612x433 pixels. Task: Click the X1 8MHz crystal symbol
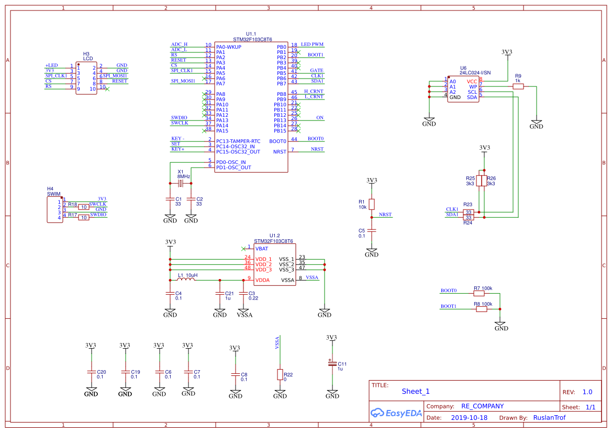coord(181,183)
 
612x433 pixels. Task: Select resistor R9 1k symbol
coord(518,87)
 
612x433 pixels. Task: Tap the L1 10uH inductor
coord(186,280)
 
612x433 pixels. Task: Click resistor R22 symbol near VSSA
coord(280,374)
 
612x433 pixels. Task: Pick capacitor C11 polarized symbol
coord(332,364)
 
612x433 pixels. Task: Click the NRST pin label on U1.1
coord(280,152)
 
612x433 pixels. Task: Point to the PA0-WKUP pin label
coord(229,47)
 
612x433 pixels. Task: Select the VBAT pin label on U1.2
coord(262,249)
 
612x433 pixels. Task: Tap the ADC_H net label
coord(179,45)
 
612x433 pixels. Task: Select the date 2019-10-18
coord(469,418)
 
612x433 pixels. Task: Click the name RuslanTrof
coord(549,418)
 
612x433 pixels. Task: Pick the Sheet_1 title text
coord(416,391)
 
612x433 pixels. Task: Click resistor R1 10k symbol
coord(372,204)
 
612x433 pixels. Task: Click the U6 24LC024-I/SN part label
coord(475,72)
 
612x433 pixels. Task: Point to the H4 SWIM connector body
coord(54,209)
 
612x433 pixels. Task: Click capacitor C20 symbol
coord(91,371)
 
